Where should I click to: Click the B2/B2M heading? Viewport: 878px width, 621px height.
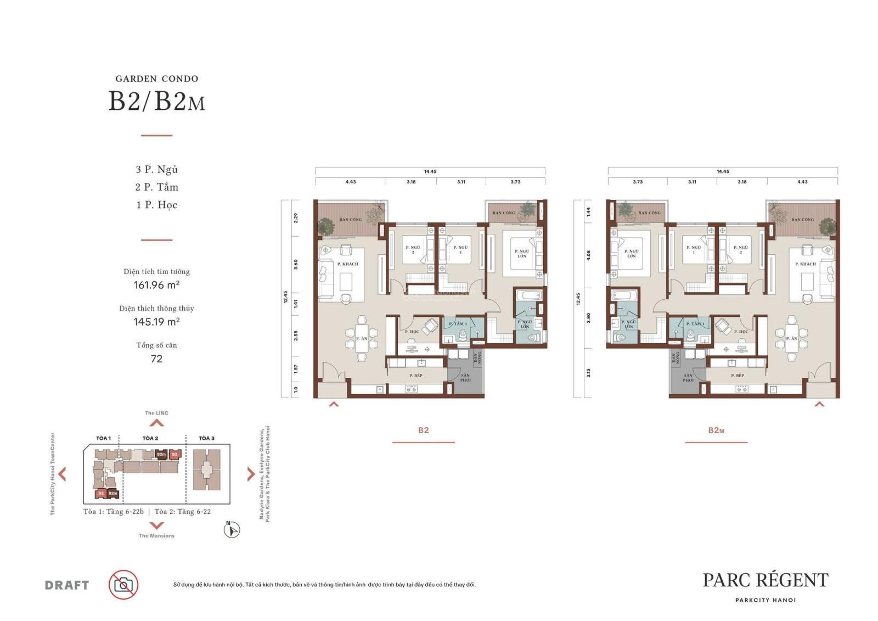(x=156, y=102)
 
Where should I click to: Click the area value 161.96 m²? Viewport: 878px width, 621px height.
(x=156, y=285)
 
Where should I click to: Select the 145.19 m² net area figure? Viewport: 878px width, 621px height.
(x=156, y=322)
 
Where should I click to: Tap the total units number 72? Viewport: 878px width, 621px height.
(x=156, y=359)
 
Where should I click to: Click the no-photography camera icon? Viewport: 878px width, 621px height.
(x=123, y=585)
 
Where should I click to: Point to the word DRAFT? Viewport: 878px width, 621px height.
(x=67, y=585)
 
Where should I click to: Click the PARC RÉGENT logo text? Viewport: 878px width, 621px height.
(x=766, y=580)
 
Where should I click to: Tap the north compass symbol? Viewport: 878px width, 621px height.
(x=232, y=530)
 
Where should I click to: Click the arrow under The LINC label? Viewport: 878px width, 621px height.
(x=156, y=423)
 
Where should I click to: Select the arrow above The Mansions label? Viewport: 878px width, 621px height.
(x=156, y=525)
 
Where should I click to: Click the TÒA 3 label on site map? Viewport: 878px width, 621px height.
(x=206, y=438)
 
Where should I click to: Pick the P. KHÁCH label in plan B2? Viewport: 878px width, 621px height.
(x=347, y=264)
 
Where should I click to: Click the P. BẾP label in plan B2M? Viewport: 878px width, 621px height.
(x=738, y=376)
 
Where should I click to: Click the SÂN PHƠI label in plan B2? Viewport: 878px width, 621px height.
(x=465, y=377)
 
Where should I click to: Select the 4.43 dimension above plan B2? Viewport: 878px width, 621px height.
(x=351, y=182)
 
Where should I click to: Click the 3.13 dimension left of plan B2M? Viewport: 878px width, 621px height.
(x=588, y=373)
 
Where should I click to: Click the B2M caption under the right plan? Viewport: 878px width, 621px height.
(x=716, y=430)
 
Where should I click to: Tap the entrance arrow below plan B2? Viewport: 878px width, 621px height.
(x=334, y=405)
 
